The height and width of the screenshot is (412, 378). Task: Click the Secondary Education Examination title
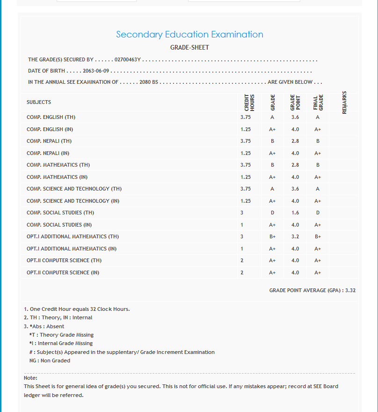[x=189, y=35]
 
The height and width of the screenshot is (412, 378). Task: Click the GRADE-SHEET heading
[x=189, y=48]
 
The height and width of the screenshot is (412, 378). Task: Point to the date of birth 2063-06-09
[x=96, y=71]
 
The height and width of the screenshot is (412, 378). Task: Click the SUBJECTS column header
[x=39, y=102]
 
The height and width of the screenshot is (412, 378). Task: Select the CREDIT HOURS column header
[x=249, y=102]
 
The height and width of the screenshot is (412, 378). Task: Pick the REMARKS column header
[x=345, y=102]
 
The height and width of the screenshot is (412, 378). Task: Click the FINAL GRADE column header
[x=318, y=102]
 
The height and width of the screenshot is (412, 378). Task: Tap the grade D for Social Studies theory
[x=272, y=213]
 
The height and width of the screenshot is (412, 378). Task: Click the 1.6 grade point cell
[x=295, y=213]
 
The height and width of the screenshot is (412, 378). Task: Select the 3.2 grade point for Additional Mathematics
[x=295, y=237]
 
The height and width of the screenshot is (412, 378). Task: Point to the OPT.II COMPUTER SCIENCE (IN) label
[x=63, y=272]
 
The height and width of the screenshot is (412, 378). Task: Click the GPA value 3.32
[x=350, y=290]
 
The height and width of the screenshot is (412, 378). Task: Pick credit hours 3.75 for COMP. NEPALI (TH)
[x=246, y=141]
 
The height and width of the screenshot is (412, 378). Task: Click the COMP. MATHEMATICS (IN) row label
[x=57, y=177]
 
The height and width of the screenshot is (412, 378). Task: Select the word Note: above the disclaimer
[x=30, y=378]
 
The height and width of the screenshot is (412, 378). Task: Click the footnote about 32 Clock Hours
[x=77, y=309]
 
